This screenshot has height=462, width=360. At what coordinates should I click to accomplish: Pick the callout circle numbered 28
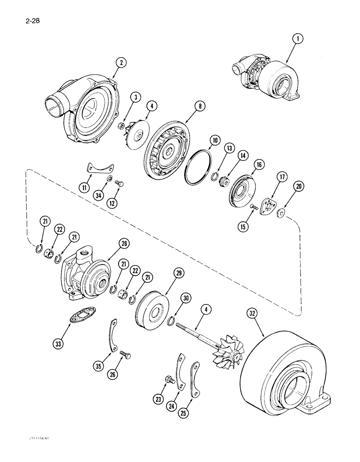[112, 243]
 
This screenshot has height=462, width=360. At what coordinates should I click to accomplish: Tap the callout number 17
[281, 177]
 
